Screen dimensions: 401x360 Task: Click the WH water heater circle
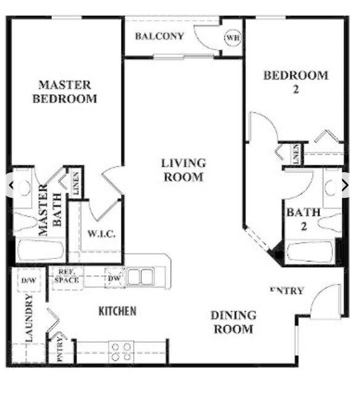232,38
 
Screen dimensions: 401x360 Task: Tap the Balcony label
160,36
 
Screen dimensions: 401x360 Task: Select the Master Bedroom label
65,91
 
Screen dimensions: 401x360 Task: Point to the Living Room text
183,170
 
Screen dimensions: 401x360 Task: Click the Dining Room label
233,322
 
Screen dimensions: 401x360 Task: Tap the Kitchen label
118,311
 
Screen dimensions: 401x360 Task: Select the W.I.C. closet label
102,234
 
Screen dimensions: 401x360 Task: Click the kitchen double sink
141,276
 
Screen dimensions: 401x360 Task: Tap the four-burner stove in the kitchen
121,351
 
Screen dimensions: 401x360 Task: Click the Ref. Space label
66,276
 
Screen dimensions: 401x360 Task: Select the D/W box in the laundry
28,280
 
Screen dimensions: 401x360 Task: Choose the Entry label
287,291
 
